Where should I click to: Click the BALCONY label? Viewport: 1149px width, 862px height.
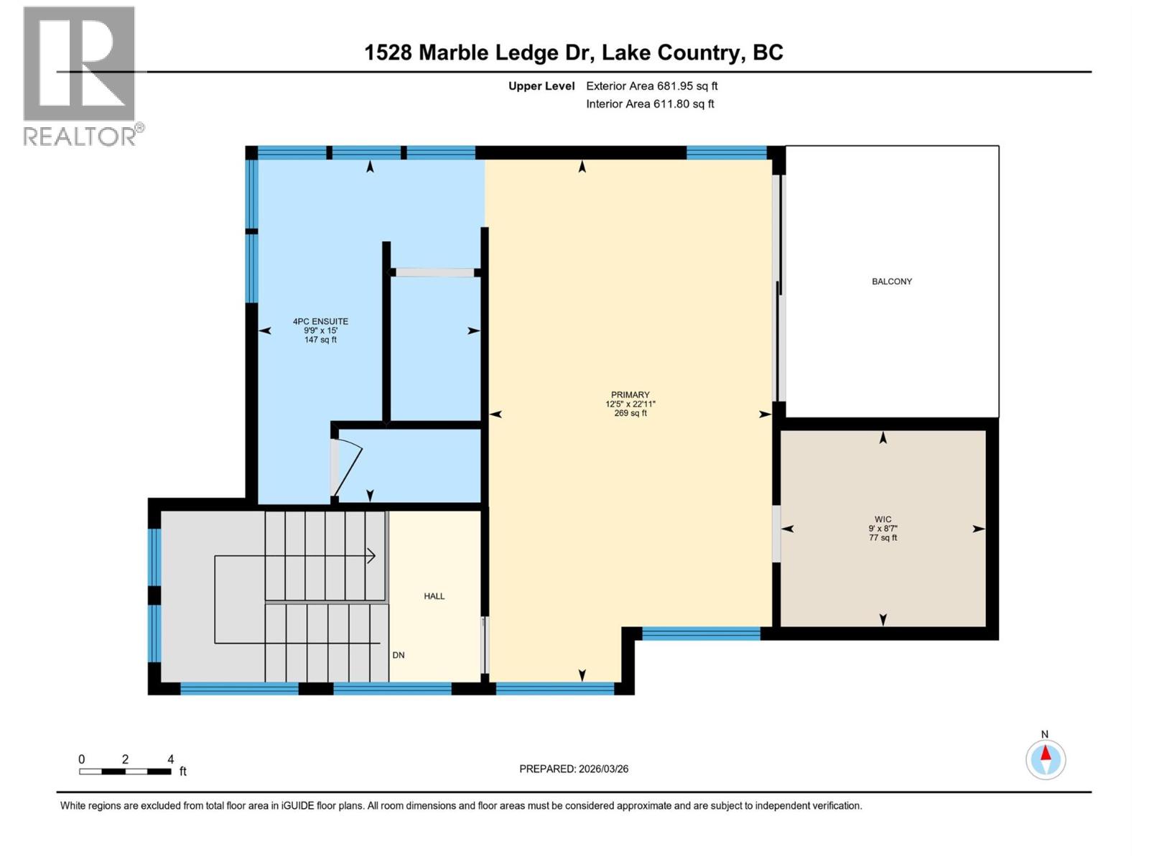891,282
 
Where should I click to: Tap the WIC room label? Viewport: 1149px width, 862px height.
883,519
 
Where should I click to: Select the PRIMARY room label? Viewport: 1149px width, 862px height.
630,394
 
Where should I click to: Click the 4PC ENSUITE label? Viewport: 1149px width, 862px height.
320,322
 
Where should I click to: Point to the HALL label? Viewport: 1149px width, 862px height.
434,596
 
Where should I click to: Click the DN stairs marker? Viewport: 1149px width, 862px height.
399,655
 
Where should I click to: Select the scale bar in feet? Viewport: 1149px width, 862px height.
126,771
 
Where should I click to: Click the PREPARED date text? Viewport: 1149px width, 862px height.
574,769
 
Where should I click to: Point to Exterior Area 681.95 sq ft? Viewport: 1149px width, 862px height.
651,86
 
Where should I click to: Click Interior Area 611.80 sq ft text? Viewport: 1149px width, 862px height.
650,104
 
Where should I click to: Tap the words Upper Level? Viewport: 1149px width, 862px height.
541,86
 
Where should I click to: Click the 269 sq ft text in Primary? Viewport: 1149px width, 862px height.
630,414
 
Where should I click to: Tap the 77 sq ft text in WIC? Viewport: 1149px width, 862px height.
883,538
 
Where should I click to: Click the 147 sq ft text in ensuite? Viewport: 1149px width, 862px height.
320,340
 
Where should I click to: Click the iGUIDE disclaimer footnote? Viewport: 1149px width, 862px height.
460,806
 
